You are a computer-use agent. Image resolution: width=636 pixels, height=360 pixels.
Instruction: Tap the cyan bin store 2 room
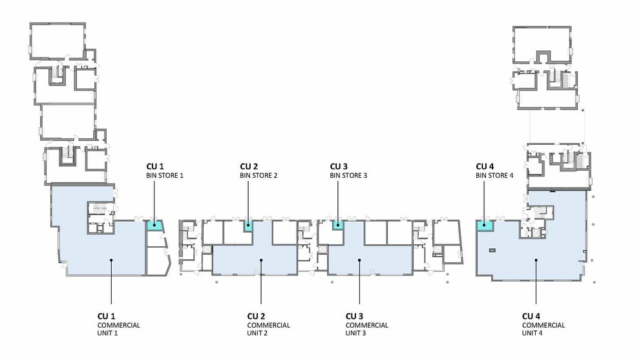coord(248,226)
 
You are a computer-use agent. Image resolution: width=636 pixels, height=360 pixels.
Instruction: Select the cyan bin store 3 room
coord(337,225)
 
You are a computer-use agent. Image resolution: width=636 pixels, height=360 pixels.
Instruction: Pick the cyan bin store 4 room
coord(484,226)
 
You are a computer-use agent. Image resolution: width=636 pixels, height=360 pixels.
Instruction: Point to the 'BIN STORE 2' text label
coord(259,175)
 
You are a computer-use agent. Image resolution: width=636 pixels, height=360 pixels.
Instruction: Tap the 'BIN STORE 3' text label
coord(348,175)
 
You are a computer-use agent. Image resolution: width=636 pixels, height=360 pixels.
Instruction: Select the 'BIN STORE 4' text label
coord(494,175)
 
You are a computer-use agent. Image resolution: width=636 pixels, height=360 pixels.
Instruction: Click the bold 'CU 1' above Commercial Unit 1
coord(106,316)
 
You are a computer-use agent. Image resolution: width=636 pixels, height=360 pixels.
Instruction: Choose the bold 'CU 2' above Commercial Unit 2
coord(256,316)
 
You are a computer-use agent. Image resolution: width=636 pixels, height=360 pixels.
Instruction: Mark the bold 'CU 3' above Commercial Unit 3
coord(354,316)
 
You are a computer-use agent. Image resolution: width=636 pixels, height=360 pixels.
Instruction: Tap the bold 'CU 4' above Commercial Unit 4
coord(531,316)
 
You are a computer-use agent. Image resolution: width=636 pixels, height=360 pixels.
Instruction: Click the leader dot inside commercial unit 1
coord(112,260)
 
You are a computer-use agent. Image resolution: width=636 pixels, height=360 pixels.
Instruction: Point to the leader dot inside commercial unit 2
coord(261,260)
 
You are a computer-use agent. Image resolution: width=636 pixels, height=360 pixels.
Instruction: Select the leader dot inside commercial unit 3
coord(359,260)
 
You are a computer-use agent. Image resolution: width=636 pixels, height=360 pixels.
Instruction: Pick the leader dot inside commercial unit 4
coord(536,260)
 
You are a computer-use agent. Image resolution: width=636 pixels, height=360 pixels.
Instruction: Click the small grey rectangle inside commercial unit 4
coord(493,249)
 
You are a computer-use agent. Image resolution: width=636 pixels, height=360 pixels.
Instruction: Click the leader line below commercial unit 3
coord(359,284)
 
